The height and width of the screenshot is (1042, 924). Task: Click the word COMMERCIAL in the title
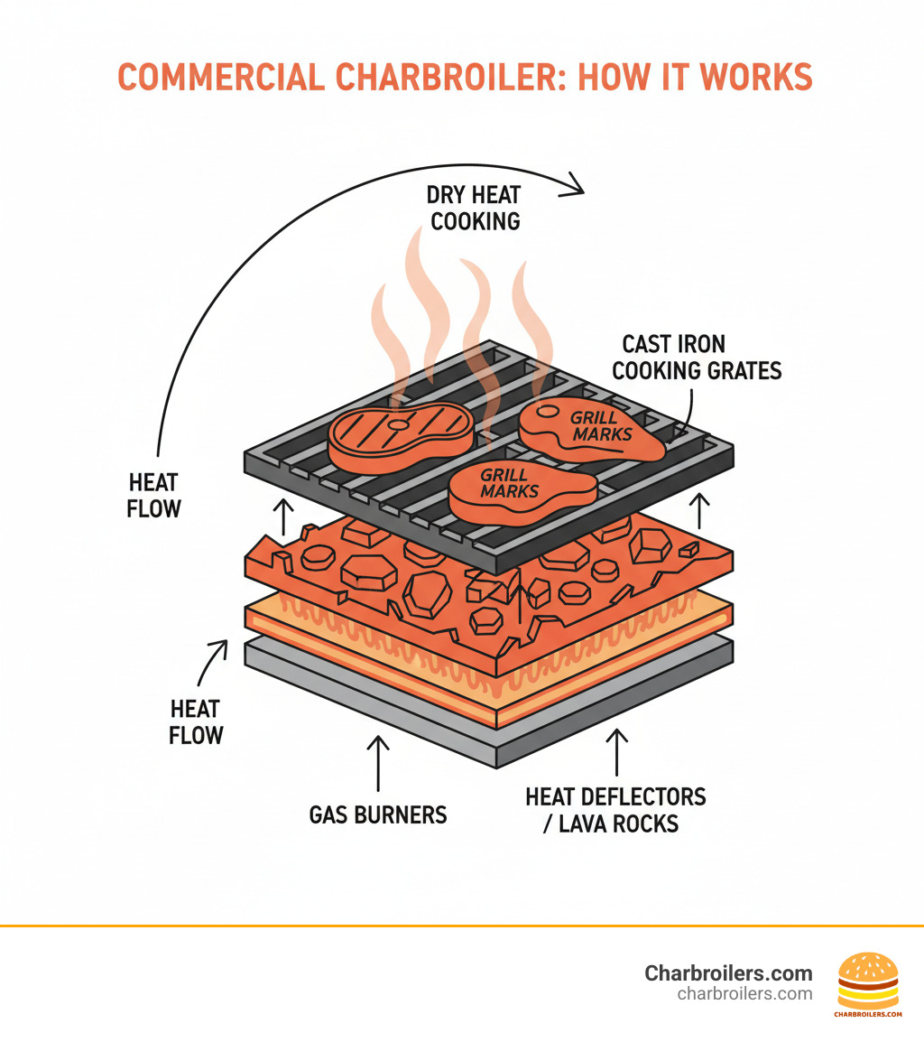click(x=220, y=78)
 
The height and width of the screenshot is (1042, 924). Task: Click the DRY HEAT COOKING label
click(x=476, y=208)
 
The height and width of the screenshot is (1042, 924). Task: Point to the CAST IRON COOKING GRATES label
click(x=701, y=357)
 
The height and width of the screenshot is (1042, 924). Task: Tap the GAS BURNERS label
click(x=378, y=814)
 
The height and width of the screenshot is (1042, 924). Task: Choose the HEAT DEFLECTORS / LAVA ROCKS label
click(x=616, y=809)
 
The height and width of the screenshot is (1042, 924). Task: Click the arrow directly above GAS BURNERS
click(x=378, y=763)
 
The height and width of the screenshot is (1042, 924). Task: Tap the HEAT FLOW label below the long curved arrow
click(x=153, y=495)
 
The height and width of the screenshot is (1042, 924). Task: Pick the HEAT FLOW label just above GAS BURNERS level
click(x=196, y=721)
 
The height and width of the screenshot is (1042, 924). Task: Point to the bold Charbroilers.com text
click(x=728, y=973)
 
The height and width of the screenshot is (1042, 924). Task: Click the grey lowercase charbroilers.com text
click(x=744, y=994)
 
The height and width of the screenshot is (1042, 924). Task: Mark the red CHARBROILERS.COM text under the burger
click(x=867, y=1014)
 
